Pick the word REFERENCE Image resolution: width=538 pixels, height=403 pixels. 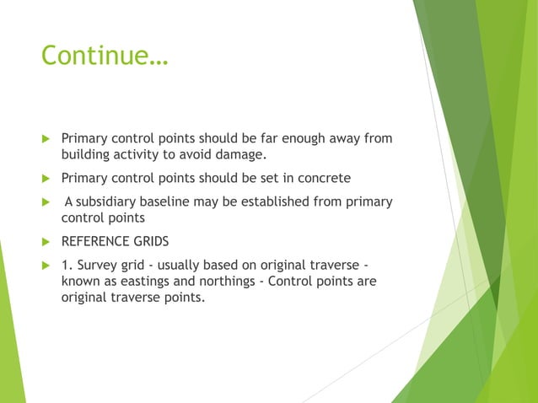[x=94, y=241]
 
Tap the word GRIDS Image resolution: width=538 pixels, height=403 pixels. [x=150, y=241]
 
